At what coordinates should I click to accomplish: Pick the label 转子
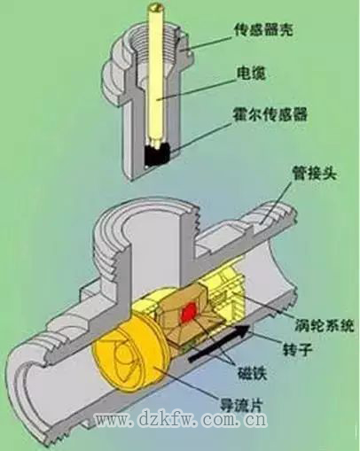(x=298, y=349)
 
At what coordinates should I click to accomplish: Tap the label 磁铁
(x=253, y=373)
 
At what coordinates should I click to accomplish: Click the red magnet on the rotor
(x=188, y=311)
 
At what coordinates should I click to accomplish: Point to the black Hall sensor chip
(x=157, y=153)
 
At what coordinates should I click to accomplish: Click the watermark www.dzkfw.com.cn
(x=181, y=420)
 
